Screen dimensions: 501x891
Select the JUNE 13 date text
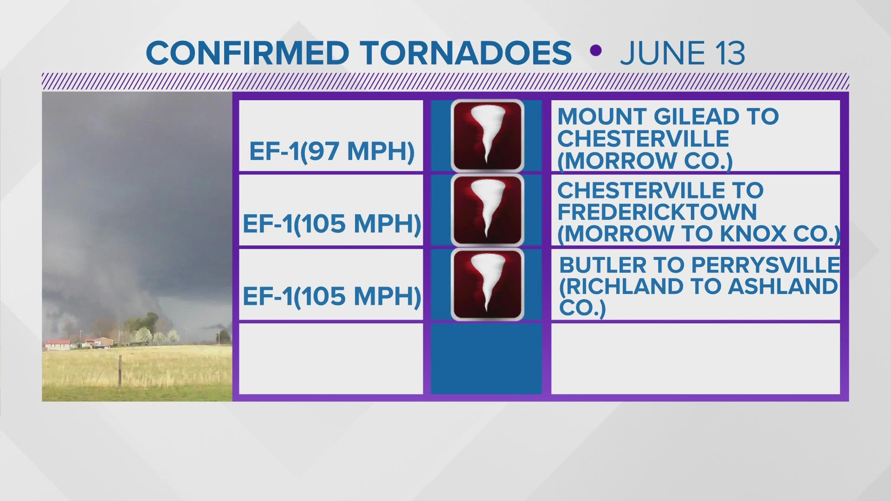pyautogui.click(x=682, y=53)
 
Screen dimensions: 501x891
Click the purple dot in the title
pyautogui.click(x=596, y=50)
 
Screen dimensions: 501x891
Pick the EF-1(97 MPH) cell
pyautogui.click(x=331, y=151)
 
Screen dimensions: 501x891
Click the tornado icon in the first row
pyautogui.click(x=487, y=136)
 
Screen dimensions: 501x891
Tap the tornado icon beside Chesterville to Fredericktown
pyautogui.click(x=487, y=210)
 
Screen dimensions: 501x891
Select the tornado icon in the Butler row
pyautogui.click(x=487, y=284)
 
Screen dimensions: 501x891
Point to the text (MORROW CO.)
pyautogui.click(x=645, y=161)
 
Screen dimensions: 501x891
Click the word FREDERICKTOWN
pyautogui.click(x=657, y=212)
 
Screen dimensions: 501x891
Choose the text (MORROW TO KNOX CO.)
pyautogui.click(x=699, y=234)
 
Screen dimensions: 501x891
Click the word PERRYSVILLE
pyautogui.click(x=766, y=265)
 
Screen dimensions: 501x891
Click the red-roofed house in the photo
pyautogui.click(x=58, y=344)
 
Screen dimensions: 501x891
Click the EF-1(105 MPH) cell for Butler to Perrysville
pyautogui.click(x=331, y=295)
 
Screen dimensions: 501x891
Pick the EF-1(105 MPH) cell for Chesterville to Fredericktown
pyautogui.click(x=331, y=224)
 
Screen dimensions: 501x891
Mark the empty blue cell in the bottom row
pyautogui.click(x=486, y=358)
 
